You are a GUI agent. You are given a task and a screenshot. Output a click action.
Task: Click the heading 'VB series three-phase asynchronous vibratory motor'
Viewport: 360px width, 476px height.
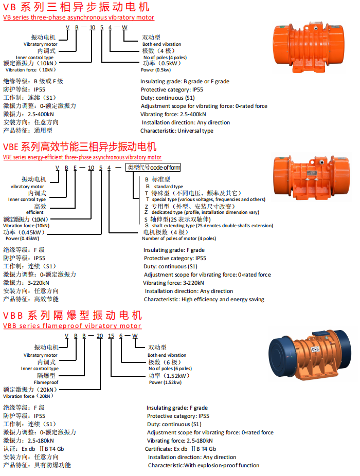coord(78,17)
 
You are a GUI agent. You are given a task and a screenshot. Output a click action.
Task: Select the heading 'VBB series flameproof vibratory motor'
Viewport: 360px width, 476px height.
coord(72,325)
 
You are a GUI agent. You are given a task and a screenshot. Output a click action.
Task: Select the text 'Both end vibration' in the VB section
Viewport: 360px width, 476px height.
coord(161,44)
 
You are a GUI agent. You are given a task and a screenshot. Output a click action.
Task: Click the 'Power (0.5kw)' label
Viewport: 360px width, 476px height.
coord(156,70)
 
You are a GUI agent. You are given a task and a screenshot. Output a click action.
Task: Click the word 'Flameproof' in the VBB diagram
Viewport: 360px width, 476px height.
coord(46,382)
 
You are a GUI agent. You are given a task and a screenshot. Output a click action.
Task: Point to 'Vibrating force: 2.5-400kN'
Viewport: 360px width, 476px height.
coord(173,114)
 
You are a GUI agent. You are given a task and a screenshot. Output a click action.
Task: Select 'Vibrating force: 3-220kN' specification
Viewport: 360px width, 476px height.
coord(173,283)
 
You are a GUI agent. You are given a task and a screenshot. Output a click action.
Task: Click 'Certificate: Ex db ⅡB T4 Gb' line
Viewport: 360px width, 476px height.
coord(182,449)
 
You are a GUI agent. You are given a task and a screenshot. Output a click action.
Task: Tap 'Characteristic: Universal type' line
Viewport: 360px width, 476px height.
coord(177,131)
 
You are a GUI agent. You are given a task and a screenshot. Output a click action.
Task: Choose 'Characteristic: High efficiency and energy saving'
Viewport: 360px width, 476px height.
coord(204,299)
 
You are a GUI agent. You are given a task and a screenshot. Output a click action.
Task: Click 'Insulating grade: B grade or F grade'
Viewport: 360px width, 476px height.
coord(185,81)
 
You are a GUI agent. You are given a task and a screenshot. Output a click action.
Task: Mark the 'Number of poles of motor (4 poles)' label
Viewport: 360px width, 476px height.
coord(179,239)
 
